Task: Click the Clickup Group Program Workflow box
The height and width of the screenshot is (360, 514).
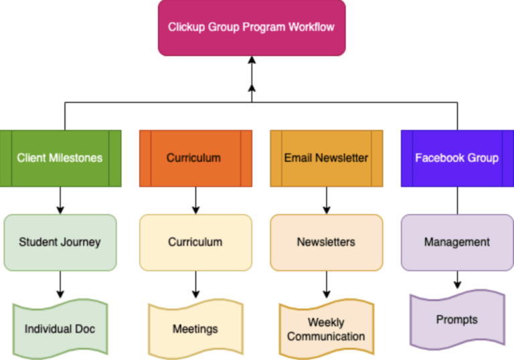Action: coord(252,27)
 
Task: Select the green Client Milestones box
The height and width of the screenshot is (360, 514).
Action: coord(60,158)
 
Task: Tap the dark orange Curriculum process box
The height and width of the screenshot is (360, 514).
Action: coord(195,158)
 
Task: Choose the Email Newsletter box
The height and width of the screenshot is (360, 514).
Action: coord(326,158)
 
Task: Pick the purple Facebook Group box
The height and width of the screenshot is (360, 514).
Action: coord(457,158)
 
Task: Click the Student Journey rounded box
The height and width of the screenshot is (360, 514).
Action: coord(60,242)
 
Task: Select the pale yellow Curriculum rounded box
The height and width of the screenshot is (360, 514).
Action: coord(195,242)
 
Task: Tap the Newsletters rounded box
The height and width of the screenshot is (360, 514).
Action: coord(326,242)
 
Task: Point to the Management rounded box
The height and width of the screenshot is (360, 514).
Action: coord(457,242)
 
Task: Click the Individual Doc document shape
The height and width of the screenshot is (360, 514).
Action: coord(60,328)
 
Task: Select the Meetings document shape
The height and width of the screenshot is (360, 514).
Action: coord(195,328)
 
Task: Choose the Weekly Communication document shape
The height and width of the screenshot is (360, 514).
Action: coord(326,329)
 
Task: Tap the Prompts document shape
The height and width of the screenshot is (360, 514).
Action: coord(457,319)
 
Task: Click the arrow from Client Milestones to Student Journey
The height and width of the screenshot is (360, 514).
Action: coord(60,200)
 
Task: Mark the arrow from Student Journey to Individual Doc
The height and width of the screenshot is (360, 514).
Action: coord(60,284)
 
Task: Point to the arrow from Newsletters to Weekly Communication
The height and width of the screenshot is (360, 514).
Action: coord(326,284)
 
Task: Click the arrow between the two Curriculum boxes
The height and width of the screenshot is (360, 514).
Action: coord(195,200)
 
